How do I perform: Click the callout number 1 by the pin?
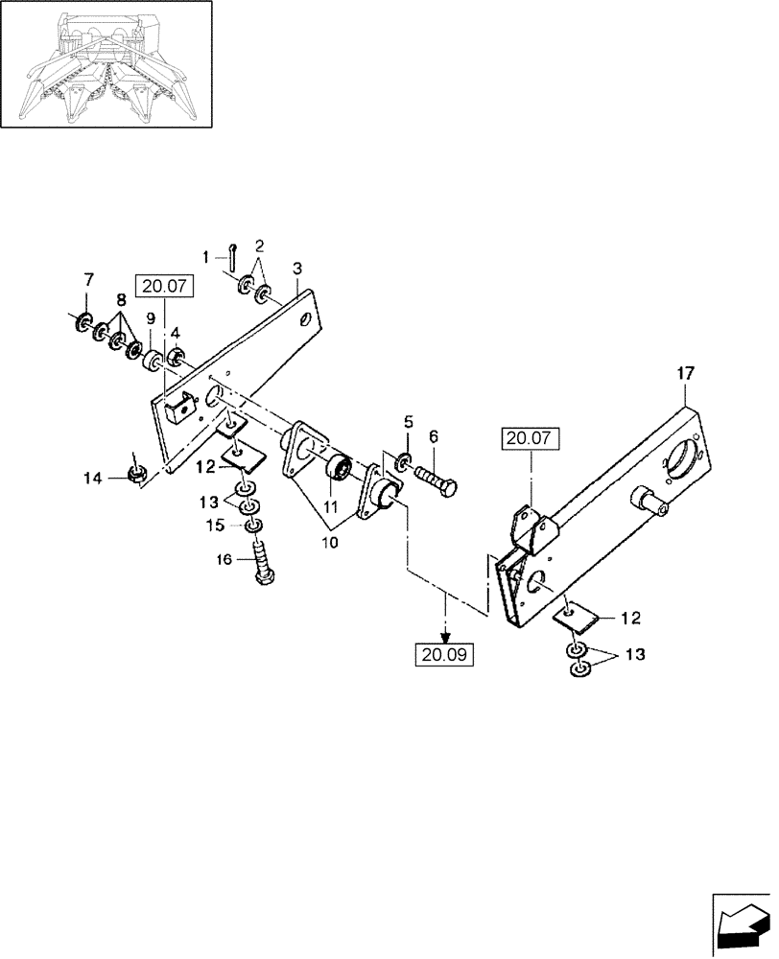click(205, 256)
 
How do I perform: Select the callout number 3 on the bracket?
click(298, 267)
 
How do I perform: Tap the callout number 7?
click(89, 279)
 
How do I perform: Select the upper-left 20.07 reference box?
click(165, 285)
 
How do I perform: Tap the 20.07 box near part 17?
click(531, 439)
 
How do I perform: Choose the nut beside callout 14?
click(137, 472)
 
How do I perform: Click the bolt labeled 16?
click(264, 559)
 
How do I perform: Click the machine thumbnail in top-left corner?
click(106, 63)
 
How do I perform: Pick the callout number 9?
click(151, 318)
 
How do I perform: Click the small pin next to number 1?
click(232, 253)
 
